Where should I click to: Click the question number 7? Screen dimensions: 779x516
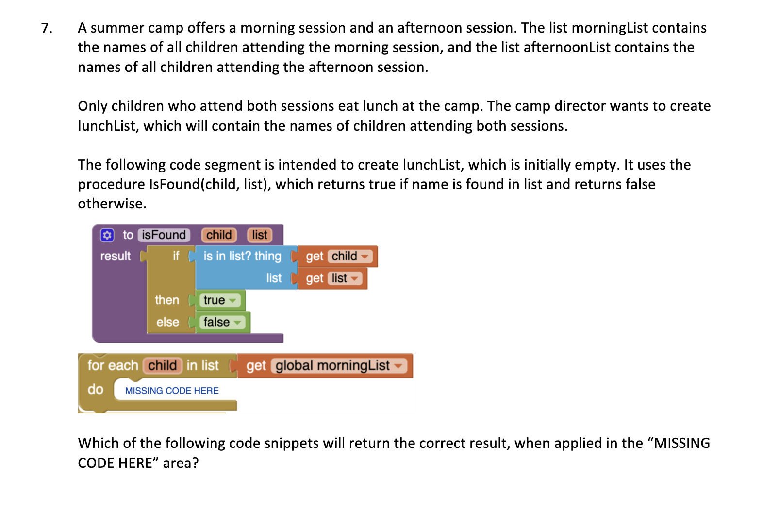(46, 28)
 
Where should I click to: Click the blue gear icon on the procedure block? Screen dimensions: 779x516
(107, 235)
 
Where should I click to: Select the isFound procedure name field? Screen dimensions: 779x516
(164, 235)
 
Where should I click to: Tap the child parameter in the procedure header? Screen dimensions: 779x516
(219, 235)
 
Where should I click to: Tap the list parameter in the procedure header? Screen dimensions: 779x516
(260, 235)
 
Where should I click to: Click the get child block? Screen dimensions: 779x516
(338, 257)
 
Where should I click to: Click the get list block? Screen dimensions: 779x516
(333, 278)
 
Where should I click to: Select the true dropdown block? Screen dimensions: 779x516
(220, 300)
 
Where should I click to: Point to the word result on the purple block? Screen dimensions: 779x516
(116, 256)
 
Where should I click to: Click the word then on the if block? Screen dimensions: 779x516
(167, 300)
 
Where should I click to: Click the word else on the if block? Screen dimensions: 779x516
(167, 322)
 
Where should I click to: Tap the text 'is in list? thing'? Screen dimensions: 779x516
(242, 256)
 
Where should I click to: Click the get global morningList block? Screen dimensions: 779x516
(325, 366)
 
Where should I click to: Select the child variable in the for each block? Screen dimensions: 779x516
(162, 365)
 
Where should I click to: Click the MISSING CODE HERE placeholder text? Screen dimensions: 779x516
(172, 391)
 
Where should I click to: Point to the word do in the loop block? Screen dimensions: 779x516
(96, 390)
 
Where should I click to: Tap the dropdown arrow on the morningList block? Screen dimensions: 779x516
(398, 366)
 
